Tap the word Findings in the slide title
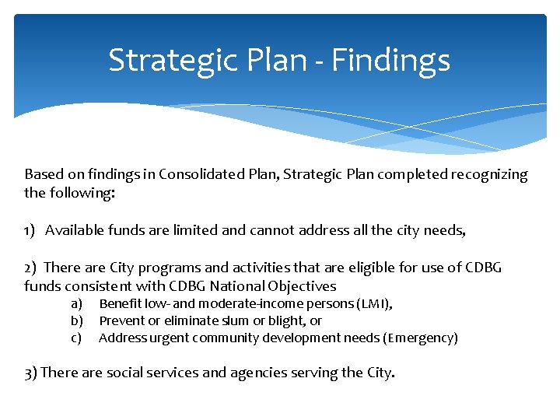391,60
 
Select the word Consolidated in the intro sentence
198,174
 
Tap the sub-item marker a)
76,304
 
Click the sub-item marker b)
76,320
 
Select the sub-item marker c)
76,338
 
